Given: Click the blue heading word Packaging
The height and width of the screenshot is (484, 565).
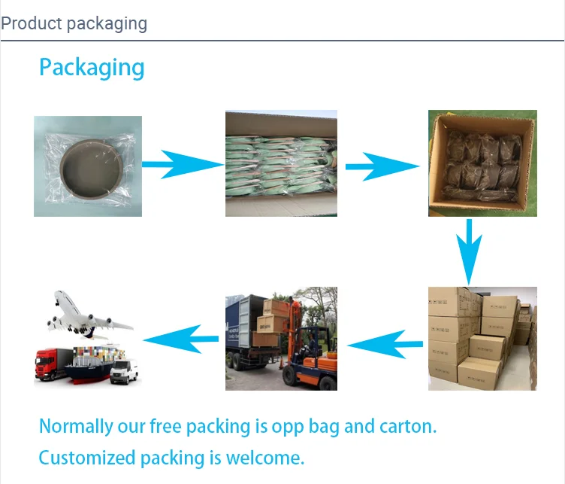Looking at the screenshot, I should (92, 68).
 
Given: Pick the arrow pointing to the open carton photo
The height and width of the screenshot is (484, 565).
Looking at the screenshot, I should (382, 166).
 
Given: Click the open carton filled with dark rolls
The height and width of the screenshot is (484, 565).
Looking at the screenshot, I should (482, 163).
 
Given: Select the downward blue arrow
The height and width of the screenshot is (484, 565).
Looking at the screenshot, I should (470, 251).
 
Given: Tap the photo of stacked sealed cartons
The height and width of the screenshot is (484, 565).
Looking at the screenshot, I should (482, 338).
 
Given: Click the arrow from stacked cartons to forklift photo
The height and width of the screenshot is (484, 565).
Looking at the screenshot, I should (385, 344).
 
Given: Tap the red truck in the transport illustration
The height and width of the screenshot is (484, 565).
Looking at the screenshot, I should (54, 363).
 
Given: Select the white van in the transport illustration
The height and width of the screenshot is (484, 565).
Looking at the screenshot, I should (124, 371).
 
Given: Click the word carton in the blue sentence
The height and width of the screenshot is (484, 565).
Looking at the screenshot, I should (406, 426).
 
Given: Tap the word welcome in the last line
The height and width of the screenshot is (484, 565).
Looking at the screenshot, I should (268, 458).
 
